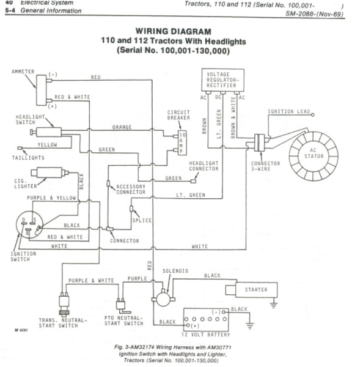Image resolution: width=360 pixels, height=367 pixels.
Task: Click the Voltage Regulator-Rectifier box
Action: coord(222,80)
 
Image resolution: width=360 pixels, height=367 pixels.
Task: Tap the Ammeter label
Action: coord(23,72)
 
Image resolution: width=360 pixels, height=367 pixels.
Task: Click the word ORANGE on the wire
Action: coord(122,127)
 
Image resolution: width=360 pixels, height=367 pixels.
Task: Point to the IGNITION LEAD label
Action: coord(288,112)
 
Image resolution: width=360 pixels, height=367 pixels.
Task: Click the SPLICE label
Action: coord(142,220)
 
